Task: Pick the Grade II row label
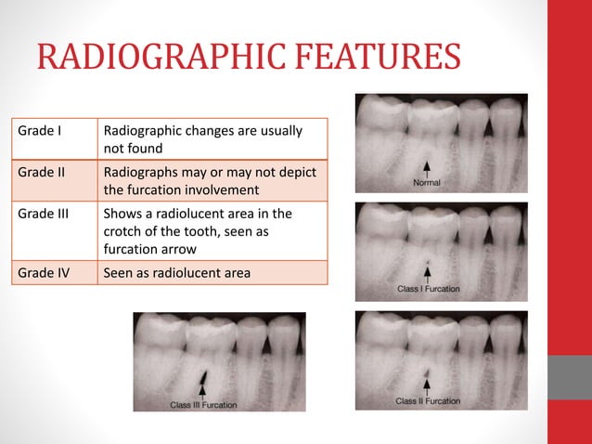(42, 173)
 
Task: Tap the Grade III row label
(44, 214)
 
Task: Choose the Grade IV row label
(44, 273)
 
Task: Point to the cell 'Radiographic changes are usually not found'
(202, 139)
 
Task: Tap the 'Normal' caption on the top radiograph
(427, 183)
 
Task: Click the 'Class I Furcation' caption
(428, 290)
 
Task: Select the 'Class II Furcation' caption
(428, 401)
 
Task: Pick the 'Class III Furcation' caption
(203, 405)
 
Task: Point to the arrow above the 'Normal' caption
(427, 168)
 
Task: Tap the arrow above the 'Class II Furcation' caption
(427, 385)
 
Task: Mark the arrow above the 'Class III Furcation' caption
(202, 390)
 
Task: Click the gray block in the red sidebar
(569, 376)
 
